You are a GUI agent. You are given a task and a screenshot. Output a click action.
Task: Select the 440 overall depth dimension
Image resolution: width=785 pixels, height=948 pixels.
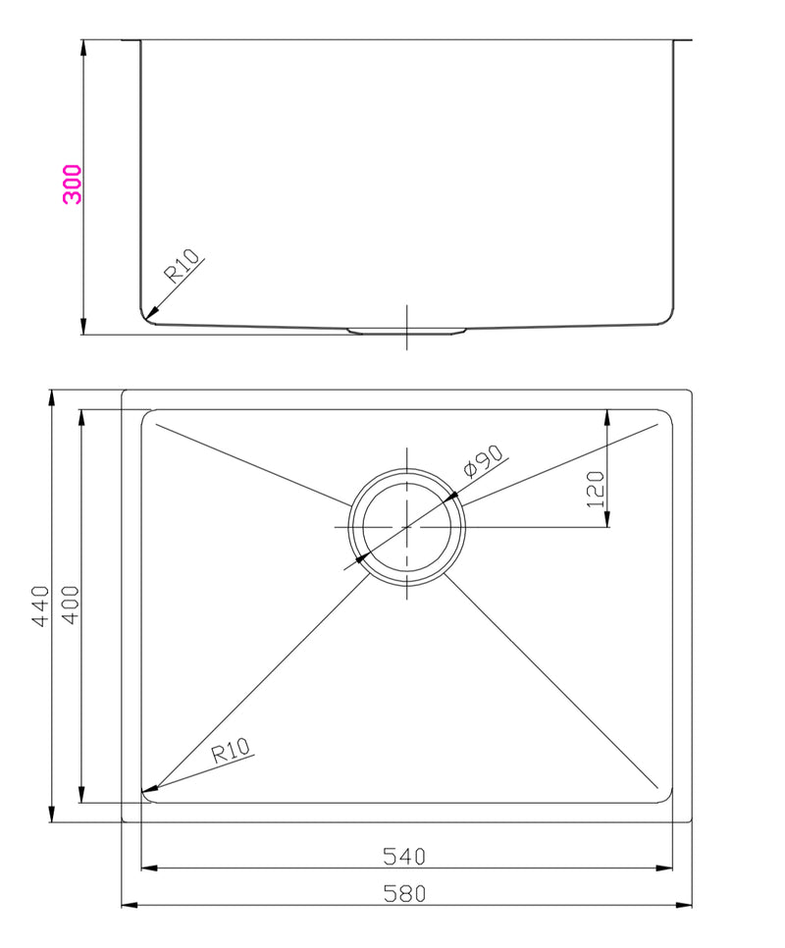(x=40, y=606)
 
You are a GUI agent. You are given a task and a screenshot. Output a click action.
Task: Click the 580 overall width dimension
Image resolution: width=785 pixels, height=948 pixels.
(x=403, y=893)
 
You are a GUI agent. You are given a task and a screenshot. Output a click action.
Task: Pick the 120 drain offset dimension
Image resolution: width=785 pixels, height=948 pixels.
(x=595, y=488)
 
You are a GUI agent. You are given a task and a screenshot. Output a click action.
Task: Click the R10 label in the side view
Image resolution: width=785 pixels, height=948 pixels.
(x=182, y=266)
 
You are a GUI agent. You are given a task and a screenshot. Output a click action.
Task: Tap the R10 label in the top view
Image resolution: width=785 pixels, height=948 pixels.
(x=232, y=752)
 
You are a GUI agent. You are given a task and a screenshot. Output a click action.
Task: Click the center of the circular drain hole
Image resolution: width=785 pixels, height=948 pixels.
(x=407, y=527)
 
